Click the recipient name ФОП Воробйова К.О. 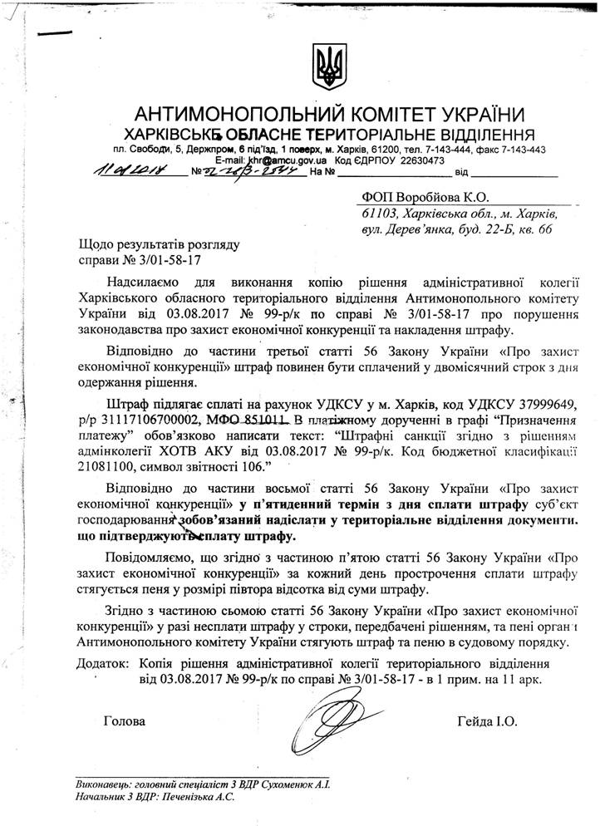tap(425, 197)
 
